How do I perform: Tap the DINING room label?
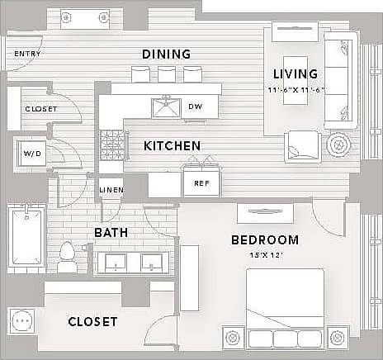166,54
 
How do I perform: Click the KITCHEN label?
172,146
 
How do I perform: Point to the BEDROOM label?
264,240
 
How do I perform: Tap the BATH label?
110,233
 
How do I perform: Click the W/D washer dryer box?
32,154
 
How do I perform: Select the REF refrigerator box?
201,183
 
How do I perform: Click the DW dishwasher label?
195,107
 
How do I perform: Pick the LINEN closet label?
111,190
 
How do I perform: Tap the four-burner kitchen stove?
111,146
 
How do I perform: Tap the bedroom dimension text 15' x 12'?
266,255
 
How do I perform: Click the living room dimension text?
296,89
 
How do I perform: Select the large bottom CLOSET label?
92,321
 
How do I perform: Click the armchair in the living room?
302,146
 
